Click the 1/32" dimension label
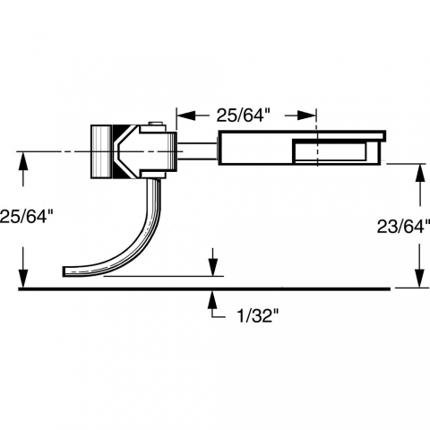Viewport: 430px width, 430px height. (258, 315)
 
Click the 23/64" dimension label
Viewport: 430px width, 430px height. (403, 226)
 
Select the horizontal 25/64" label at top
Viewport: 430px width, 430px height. (241, 115)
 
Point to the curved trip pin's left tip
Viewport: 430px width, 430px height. (64, 271)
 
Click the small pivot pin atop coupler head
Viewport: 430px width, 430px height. (155, 124)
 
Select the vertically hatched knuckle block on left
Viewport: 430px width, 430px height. (101, 151)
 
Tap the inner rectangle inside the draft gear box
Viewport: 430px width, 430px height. (330, 151)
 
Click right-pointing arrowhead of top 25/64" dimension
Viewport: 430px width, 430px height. (306, 116)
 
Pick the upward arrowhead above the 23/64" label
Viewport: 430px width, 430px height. (420, 173)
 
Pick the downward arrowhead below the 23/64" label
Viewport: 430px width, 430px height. (420, 279)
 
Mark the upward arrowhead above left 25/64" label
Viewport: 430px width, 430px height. (23, 161)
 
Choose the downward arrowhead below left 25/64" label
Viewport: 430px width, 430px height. (23, 279)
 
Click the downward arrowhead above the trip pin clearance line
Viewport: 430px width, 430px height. (212, 267)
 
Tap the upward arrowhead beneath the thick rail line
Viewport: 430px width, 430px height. (212, 299)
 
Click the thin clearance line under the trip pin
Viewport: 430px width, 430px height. (164, 277)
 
